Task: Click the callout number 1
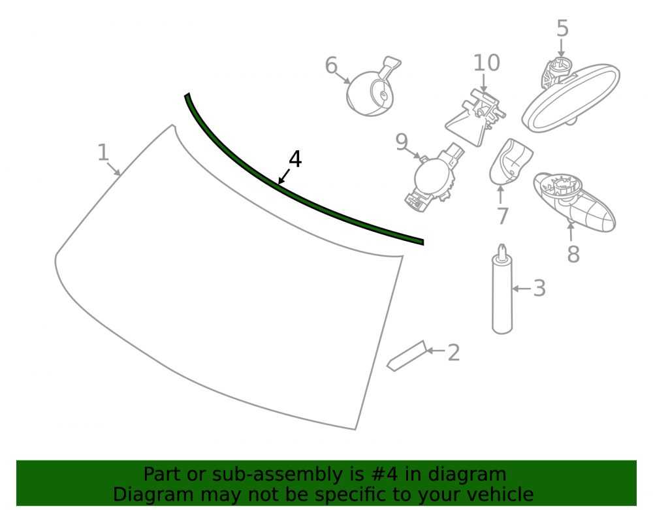click(103, 152)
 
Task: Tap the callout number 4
click(295, 159)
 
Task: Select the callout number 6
click(331, 65)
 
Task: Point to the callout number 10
click(486, 63)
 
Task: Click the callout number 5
click(562, 28)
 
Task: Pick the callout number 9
click(402, 142)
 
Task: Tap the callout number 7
click(503, 216)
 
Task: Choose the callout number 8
click(573, 254)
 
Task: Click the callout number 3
click(540, 288)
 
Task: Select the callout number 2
click(454, 353)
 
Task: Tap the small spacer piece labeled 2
click(407, 357)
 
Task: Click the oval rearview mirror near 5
click(571, 98)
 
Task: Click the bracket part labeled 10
click(475, 118)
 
